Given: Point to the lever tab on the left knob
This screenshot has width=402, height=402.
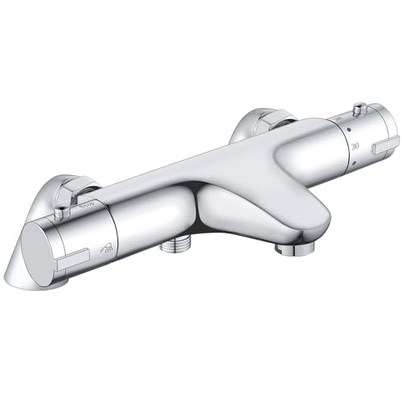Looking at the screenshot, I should coord(76,260).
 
